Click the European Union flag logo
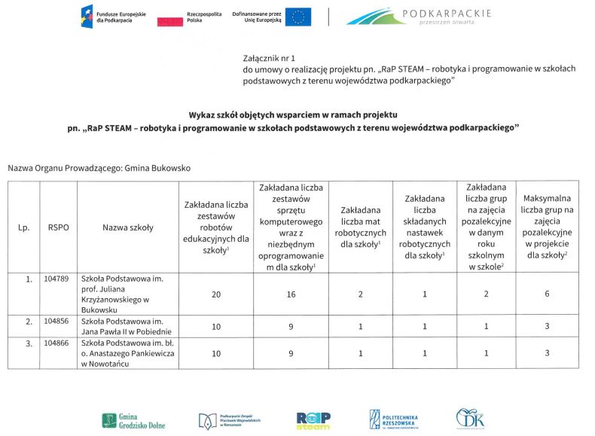click(298, 17)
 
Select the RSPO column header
click(58, 226)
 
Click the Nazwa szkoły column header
click(127, 226)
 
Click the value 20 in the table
click(216, 294)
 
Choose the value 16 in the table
click(291, 294)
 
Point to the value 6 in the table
click(546, 294)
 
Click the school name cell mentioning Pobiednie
click(127, 326)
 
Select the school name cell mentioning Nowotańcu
click(127, 353)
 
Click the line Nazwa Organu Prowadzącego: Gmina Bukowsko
click(99, 167)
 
